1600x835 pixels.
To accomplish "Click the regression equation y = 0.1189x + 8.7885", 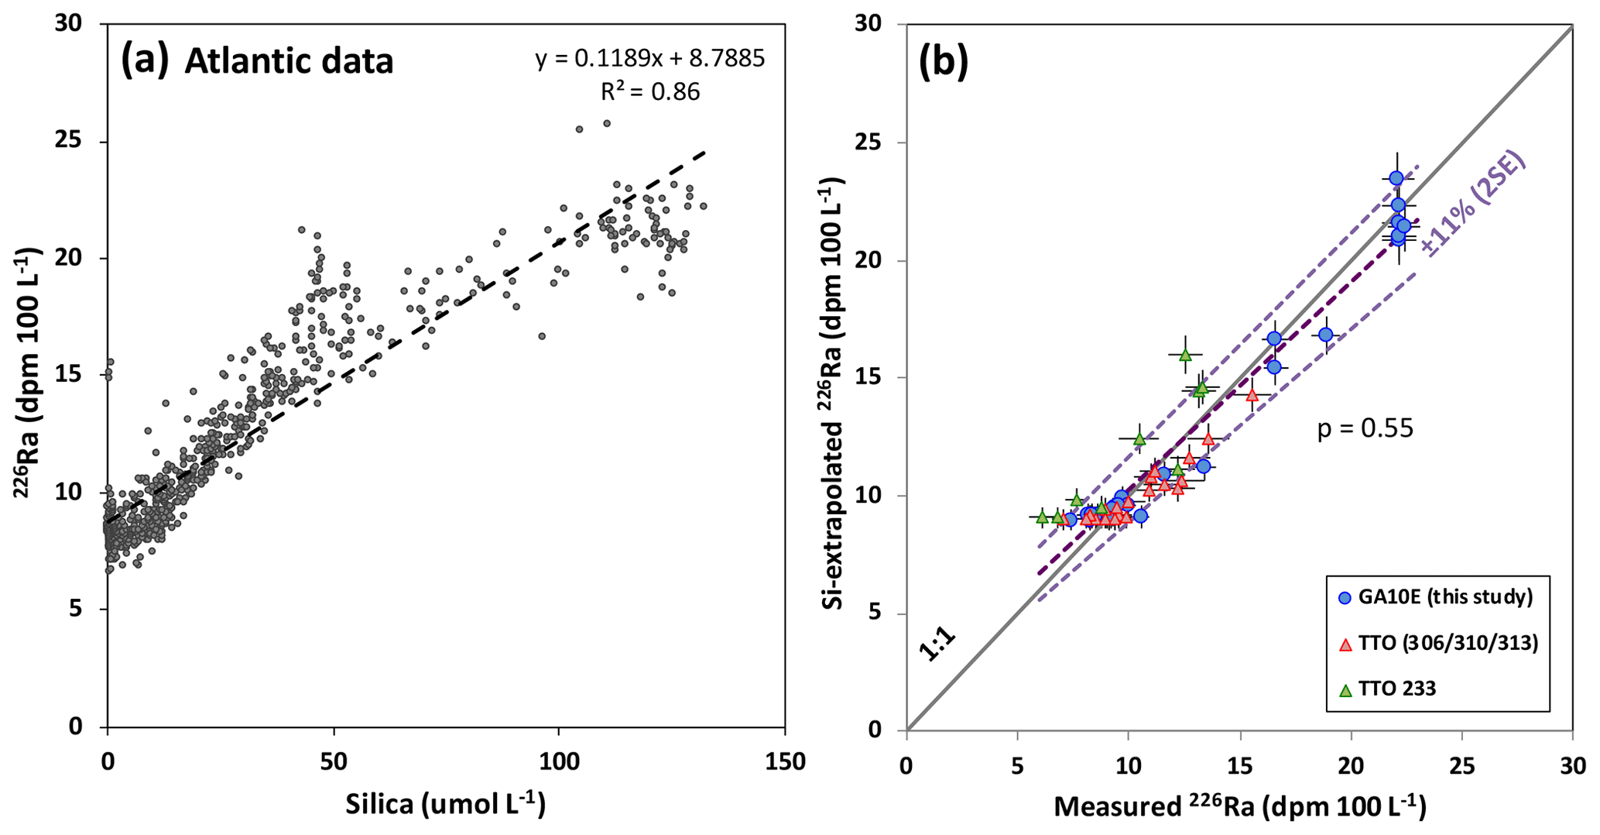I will (x=649, y=59).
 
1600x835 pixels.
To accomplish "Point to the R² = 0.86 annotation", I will (x=649, y=92).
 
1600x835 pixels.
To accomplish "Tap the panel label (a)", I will (x=145, y=60).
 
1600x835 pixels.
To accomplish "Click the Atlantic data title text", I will (x=289, y=61).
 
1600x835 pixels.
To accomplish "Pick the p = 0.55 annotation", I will (x=1365, y=428).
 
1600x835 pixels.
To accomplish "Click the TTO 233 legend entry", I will (x=1397, y=688).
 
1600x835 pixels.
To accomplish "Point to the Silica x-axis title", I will (x=445, y=805).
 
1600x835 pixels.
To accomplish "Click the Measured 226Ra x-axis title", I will (x=1239, y=806).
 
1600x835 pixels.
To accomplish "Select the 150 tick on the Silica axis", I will (x=785, y=762).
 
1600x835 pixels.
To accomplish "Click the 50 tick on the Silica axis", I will (x=334, y=762).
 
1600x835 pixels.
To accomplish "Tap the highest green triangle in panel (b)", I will (x=1184, y=355).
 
